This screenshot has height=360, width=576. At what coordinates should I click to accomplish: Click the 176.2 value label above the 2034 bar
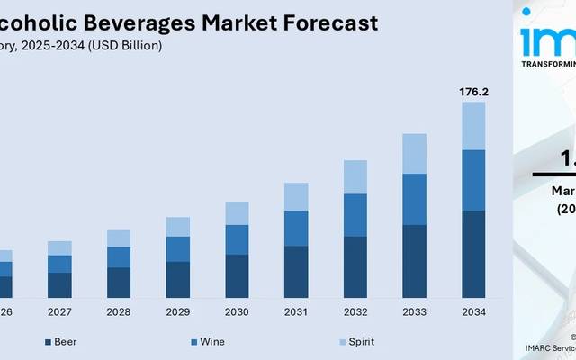[473, 91]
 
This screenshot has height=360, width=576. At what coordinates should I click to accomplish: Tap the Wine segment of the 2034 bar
[473, 180]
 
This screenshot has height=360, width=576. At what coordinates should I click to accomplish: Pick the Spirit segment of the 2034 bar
[473, 125]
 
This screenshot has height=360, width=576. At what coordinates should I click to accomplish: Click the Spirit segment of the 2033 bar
[414, 153]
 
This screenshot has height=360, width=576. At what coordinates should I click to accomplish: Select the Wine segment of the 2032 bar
[355, 215]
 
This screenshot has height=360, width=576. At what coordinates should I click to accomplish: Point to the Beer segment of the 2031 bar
[296, 272]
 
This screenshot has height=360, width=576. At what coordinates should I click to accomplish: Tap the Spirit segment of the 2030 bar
[237, 213]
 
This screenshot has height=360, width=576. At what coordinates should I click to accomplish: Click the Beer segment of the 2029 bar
[177, 279]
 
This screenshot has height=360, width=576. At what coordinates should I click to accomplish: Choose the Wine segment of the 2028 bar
[119, 256]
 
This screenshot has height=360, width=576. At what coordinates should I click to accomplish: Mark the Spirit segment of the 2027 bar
[59, 247]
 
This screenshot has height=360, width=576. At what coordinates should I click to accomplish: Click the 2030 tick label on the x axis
[237, 312]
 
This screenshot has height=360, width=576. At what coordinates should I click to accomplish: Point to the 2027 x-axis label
[59, 312]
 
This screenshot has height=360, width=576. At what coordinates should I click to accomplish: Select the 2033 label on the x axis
[414, 312]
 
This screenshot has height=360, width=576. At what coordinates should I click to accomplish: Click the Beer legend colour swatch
[47, 342]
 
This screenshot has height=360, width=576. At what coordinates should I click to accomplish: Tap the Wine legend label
[213, 342]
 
